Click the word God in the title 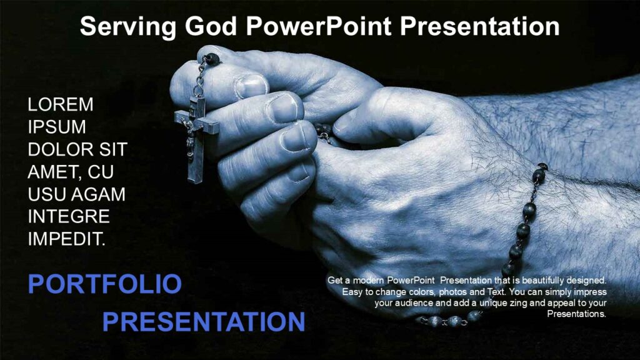pyautogui.click(x=212, y=27)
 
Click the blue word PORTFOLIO pyautogui.click(x=104, y=284)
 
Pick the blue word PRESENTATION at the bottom pyautogui.click(x=203, y=322)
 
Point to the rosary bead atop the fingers pyautogui.click(x=213, y=59)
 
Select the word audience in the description pyautogui.click(x=416, y=303)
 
